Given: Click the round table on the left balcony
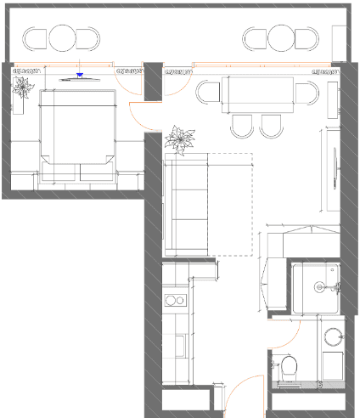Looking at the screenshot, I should tap(64, 37).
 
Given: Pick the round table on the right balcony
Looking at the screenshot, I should tap(281, 37).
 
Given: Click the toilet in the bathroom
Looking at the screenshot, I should tap(288, 368).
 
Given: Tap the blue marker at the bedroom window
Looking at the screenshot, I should tap(79, 75).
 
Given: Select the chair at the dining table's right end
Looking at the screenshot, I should tap(310, 94).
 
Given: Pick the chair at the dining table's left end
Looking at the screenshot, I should tap(208, 92).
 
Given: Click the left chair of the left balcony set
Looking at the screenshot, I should tap(37, 38).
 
